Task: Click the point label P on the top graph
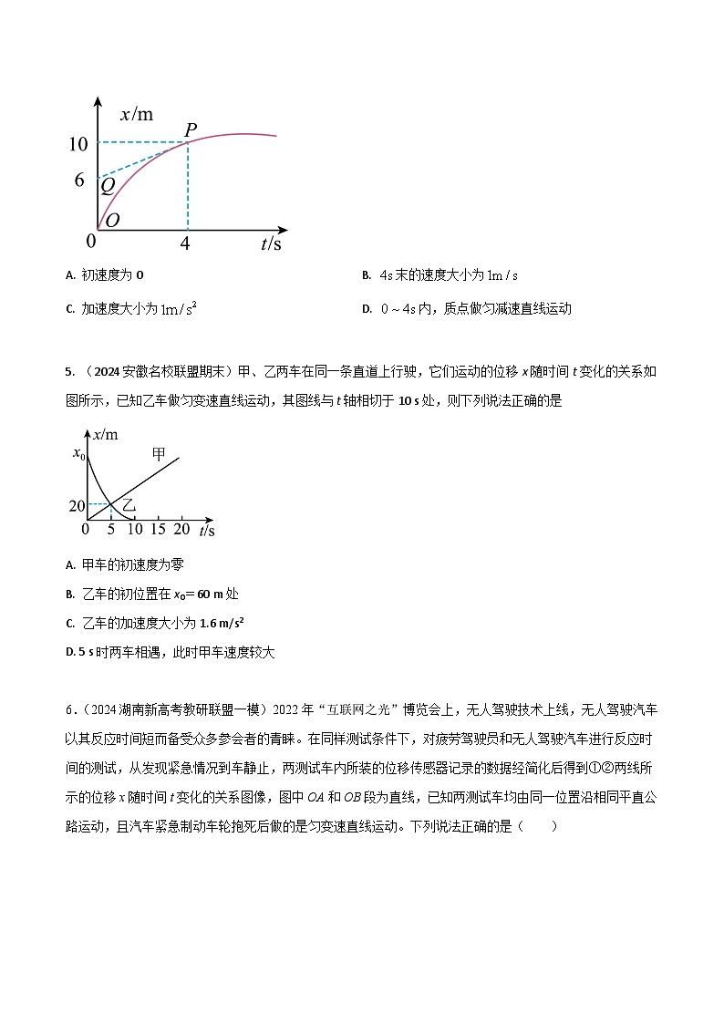click(x=191, y=130)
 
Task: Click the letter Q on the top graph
click(x=108, y=186)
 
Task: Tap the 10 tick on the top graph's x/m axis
click(x=78, y=143)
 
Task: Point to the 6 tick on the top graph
click(x=79, y=180)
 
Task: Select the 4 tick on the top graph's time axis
click(x=186, y=243)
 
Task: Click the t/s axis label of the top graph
click(x=271, y=243)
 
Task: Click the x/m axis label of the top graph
click(x=137, y=115)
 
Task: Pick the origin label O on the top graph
click(x=112, y=221)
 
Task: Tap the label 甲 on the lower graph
click(x=159, y=453)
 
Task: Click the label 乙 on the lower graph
click(x=129, y=504)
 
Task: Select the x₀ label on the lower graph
click(x=78, y=454)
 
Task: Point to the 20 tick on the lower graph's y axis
click(x=77, y=505)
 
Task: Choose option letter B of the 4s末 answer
click(x=366, y=275)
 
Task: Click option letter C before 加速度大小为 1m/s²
click(x=70, y=309)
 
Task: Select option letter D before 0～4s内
click(x=366, y=309)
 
